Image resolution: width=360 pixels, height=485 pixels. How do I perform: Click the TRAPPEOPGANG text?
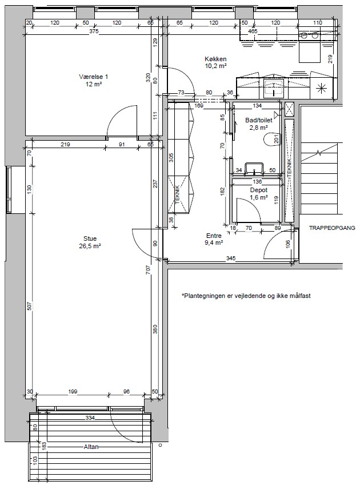click(x=332, y=228)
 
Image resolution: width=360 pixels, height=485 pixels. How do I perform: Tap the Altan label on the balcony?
click(x=91, y=447)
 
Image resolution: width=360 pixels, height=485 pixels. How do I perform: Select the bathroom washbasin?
click(x=254, y=168)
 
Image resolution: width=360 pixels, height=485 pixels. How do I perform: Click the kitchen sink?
click(x=274, y=88)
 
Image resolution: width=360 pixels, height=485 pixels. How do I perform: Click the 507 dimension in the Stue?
click(x=30, y=306)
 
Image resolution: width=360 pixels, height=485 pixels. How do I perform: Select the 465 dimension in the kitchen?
click(x=253, y=31)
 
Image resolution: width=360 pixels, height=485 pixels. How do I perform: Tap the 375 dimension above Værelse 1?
click(x=94, y=31)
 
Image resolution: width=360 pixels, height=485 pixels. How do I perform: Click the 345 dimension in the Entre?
click(x=231, y=258)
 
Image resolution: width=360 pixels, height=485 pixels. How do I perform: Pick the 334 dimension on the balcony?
click(x=90, y=418)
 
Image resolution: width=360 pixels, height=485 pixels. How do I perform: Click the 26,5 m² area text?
click(x=90, y=246)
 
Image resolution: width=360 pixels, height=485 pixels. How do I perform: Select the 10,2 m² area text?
click(x=215, y=66)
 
